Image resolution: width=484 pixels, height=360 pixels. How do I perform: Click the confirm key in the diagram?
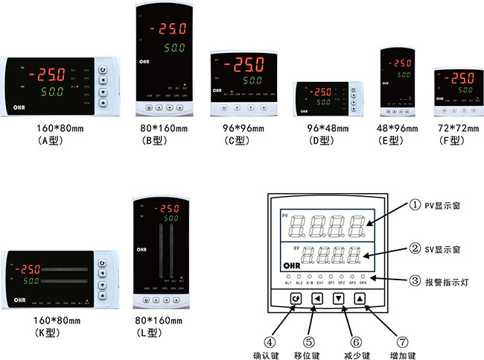(296, 299)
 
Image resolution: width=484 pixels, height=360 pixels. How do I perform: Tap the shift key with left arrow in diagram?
(318, 299)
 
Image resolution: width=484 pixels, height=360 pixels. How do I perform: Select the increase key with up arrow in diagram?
(360, 299)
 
